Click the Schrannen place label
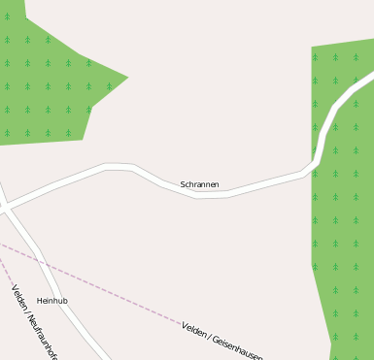click(199, 184)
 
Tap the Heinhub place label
click(52, 301)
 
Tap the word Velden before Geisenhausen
click(195, 331)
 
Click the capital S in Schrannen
click(184, 184)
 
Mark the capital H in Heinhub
click(40, 301)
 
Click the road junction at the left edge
click(5, 207)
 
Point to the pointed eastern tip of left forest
click(127, 77)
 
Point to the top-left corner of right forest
click(312, 48)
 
